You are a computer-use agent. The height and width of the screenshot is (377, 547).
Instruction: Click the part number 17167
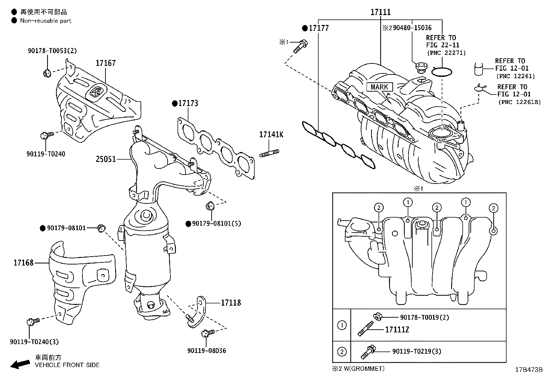point(105,63)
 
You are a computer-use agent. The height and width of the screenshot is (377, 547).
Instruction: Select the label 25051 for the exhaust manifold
point(105,159)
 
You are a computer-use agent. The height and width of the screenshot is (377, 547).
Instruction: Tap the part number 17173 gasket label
point(188,103)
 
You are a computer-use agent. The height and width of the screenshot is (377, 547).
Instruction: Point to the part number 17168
point(23,263)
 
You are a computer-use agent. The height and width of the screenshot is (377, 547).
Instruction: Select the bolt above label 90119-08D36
point(208,333)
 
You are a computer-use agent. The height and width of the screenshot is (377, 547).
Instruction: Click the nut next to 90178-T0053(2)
point(47,73)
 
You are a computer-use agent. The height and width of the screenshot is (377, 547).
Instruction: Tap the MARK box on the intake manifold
point(379,87)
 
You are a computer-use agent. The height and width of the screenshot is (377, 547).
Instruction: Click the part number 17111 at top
point(380,12)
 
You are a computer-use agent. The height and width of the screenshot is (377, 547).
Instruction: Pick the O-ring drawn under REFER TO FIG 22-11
point(442,72)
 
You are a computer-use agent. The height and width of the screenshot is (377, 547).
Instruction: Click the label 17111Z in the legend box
point(397,330)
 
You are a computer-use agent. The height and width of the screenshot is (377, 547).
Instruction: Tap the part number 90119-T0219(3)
point(417,351)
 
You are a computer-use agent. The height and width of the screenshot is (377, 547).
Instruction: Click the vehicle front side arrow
point(20,364)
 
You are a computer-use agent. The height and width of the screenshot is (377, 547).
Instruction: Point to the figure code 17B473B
point(528,370)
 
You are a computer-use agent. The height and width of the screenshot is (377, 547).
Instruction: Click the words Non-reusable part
point(46,21)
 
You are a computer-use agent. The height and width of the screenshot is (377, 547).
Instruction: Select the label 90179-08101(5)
point(216,224)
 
